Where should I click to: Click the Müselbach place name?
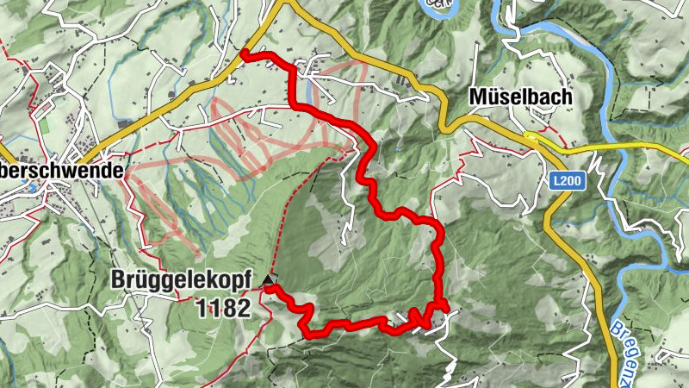click(519, 97)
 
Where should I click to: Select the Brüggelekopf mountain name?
click(181, 280)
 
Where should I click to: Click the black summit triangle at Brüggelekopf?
click(270, 280)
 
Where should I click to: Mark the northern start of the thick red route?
click(244, 53)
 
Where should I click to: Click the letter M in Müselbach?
click(478, 97)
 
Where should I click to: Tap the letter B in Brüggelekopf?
click(118, 280)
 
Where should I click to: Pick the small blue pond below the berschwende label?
click(32, 186)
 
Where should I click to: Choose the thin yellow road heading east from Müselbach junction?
click(620, 147)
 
